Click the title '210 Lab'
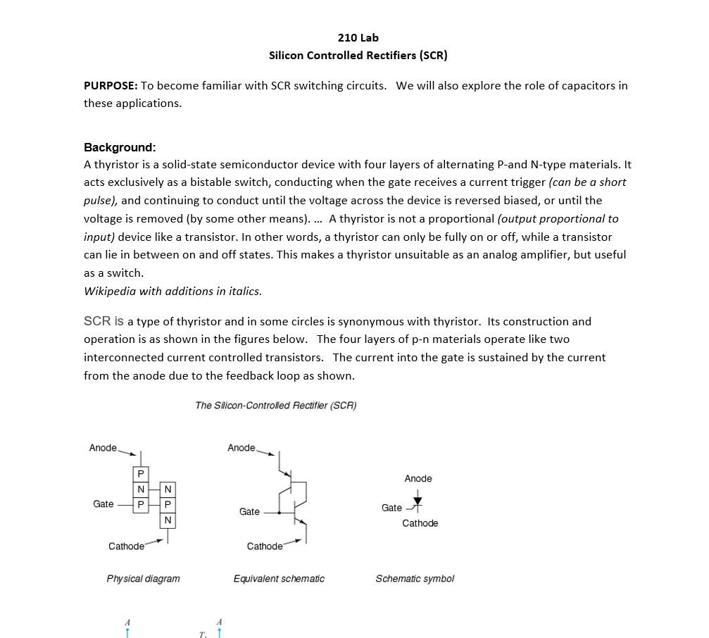pyautogui.click(x=358, y=37)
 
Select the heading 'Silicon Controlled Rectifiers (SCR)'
pyautogui.click(x=358, y=55)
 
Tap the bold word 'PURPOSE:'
pyautogui.click(x=111, y=85)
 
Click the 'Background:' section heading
pyautogui.click(x=120, y=147)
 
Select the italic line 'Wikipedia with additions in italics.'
pyautogui.click(x=172, y=291)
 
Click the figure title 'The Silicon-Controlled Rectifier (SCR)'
pyautogui.click(x=276, y=405)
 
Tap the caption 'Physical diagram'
pyautogui.click(x=143, y=578)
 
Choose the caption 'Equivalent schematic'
pyautogui.click(x=279, y=578)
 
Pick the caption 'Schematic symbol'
pyautogui.click(x=415, y=578)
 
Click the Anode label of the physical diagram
pyautogui.click(x=103, y=448)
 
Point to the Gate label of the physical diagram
pyautogui.click(x=103, y=504)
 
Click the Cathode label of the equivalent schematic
pyautogui.click(x=265, y=546)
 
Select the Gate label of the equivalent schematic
pyautogui.click(x=249, y=511)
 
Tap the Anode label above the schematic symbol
pyautogui.click(x=418, y=478)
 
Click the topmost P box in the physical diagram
pyautogui.click(x=141, y=474)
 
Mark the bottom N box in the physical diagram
pyautogui.click(x=168, y=520)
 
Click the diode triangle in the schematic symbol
pyautogui.click(x=418, y=502)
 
